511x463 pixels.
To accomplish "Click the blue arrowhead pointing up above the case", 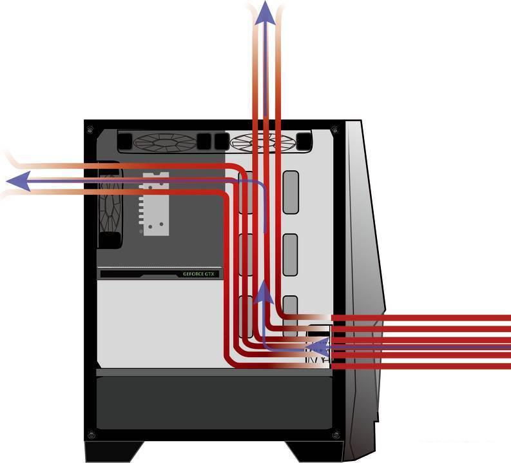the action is coord(265,14).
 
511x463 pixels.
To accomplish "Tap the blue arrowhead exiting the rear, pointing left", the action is coord(19,181).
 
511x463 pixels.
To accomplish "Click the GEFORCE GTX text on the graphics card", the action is coord(199,274).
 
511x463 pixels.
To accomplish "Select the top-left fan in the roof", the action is coord(165,142).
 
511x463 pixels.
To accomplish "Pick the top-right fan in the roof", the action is coord(262,142).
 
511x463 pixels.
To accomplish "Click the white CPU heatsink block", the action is coord(154,204).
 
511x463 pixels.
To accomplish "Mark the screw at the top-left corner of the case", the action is coord(90,130).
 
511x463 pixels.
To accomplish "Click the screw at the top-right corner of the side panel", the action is coord(334,130).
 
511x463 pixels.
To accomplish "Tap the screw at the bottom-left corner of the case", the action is coord(92,435).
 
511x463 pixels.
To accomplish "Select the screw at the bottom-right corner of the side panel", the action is coord(336,435).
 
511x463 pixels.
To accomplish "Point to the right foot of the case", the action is coord(314,451).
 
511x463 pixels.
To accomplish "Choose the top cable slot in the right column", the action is coord(291,192).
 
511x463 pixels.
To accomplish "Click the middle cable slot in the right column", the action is coord(290,255).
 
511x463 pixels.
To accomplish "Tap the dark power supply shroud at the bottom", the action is coord(214,402).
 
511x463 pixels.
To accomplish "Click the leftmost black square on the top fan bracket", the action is coord(125,141).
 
